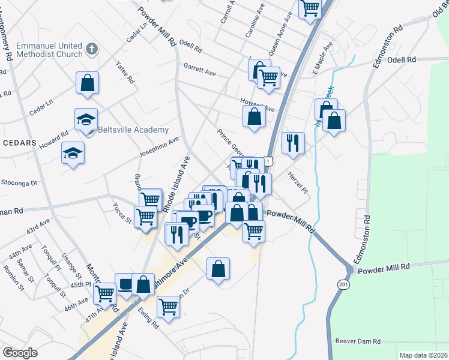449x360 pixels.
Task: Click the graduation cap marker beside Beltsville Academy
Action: tap(86, 119)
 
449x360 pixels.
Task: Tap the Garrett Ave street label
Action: tap(199, 70)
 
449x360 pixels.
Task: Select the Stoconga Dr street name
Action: tap(19, 182)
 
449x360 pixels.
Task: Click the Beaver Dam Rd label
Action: tap(358, 341)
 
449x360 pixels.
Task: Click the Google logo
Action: tap(20, 353)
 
